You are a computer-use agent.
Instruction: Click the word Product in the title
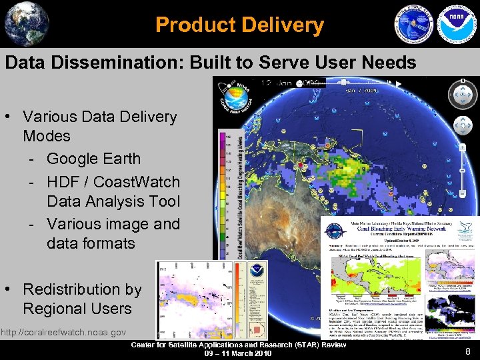coord(189,25)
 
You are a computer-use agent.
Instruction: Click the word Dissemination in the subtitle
coord(121,63)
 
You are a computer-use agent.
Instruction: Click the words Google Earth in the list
coord(93,159)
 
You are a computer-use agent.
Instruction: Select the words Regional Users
coord(77,309)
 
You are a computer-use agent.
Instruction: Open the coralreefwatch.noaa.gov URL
coord(63,332)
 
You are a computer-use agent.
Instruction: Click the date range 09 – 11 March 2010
coord(238,353)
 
